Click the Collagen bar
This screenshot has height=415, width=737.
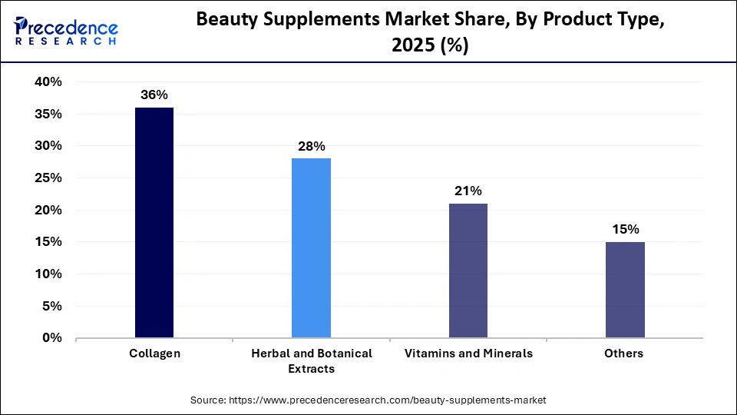(154, 222)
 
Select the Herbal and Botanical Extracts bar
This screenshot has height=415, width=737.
(311, 247)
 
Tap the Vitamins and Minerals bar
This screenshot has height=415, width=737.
(468, 270)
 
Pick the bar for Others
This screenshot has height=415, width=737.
(625, 289)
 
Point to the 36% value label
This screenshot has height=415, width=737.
(154, 95)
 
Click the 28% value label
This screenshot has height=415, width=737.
(311, 146)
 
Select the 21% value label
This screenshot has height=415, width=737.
(468, 191)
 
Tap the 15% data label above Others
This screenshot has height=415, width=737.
(625, 229)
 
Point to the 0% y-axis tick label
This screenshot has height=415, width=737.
(52, 338)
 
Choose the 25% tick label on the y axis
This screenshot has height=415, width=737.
(48, 178)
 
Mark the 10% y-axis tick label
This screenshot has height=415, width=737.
(48, 274)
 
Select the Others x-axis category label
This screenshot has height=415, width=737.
(624, 354)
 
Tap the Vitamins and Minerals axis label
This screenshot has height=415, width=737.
(468, 354)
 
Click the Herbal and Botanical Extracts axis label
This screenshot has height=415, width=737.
(311, 360)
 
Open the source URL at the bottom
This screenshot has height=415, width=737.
(368, 400)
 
